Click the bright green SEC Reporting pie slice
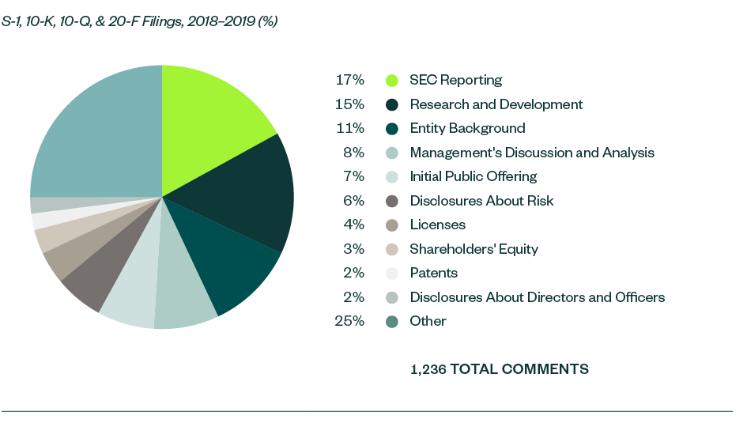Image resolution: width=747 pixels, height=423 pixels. [209, 119]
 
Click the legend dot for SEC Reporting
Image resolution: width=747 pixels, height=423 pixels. [391, 81]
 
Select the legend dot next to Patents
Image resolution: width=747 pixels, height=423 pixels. [391, 274]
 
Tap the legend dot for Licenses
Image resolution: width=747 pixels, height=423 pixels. [391, 225]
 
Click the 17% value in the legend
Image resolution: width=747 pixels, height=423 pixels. [349, 81]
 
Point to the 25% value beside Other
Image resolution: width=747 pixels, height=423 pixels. [349, 322]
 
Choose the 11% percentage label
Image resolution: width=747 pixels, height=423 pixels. [349, 129]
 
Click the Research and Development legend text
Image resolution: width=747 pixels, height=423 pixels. [496, 104]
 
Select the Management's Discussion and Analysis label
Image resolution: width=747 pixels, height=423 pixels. [531, 153]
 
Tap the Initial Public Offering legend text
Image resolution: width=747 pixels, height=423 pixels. [473, 177]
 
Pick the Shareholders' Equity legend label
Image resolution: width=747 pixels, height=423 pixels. [473, 249]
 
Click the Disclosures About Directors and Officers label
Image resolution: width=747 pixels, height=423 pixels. [537, 298]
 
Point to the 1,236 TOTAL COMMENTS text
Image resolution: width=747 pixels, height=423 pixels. [499, 369]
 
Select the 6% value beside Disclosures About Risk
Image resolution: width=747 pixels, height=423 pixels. [353, 201]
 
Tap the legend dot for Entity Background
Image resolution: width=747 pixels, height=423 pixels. [391, 129]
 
